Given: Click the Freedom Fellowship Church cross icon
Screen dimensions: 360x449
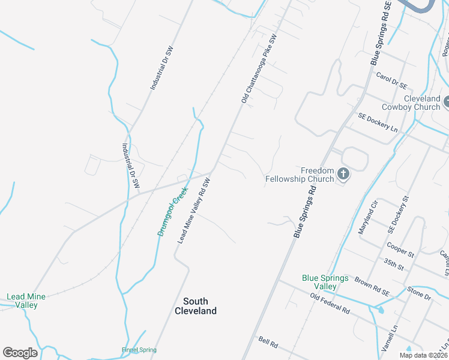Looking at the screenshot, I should click(343, 174).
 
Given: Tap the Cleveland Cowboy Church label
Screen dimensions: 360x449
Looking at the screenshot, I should click(414, 103).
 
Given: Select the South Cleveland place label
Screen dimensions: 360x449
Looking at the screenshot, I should click(196, 306).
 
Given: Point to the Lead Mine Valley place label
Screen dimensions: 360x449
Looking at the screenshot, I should click(22, 301).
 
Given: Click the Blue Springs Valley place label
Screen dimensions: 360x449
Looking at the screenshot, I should click(325, 282).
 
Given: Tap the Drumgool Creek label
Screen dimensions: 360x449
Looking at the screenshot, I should click(173, 211).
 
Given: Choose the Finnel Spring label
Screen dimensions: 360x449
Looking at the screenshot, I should click(139, 350).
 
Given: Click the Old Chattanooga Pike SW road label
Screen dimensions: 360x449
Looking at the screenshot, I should click(259, 69).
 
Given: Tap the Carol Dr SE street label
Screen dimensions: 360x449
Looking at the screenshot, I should click(391, 80).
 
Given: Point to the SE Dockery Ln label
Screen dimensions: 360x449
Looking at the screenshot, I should click(378, 122).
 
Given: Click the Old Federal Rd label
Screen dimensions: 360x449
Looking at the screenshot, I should click(330, 303).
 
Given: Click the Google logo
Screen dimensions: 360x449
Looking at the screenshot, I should click(20, 353).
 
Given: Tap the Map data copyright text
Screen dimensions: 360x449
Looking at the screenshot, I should click(423, 355).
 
